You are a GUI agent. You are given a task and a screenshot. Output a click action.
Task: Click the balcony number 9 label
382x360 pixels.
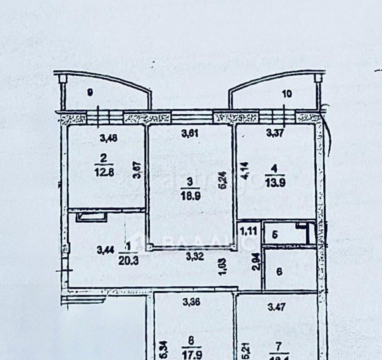pos(90,92)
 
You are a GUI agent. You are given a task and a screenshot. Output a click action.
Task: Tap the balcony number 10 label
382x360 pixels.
pos(287,93)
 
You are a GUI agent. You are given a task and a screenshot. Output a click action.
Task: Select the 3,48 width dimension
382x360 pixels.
pos(109,138)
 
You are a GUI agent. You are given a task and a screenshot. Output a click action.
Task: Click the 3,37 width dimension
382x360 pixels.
pos(274,132)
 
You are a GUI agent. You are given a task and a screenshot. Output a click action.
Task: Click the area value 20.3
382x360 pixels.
pos(129,261)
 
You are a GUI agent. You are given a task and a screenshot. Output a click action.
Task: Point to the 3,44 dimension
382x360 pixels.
pos(105,250)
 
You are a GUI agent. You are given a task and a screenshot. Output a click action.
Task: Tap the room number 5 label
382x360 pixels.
pos(275,236)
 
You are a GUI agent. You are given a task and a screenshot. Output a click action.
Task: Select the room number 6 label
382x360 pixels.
pos(279,272)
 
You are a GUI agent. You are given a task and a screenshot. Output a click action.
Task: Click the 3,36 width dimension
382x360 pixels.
pos(192,302)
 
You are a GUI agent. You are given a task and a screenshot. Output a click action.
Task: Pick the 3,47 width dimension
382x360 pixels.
pos(276,306)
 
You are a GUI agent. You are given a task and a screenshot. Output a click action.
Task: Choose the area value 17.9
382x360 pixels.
pos(192,354)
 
